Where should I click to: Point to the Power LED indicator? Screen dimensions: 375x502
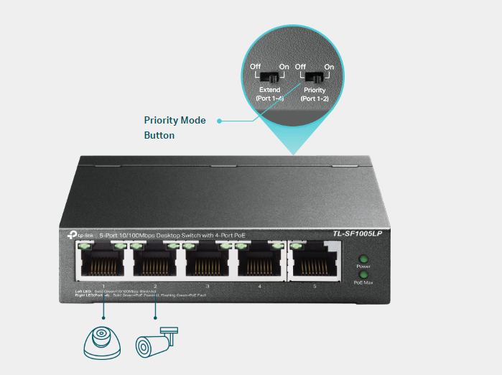(363, 259)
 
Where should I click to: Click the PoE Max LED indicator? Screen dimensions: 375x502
(363, 275)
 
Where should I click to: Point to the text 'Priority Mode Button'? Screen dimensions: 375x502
(175, 127)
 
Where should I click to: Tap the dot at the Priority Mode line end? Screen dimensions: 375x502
(219, 121)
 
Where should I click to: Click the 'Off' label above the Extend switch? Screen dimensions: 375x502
(255, 67)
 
